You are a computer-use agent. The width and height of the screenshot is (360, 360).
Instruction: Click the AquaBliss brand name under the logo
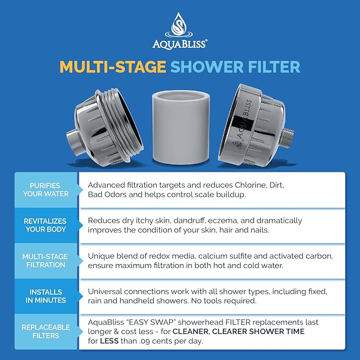(179, 44)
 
